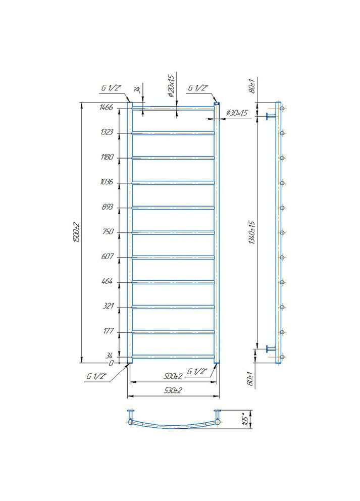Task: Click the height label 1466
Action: [106, 107]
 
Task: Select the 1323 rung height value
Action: [106, 132]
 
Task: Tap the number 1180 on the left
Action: [106, 157]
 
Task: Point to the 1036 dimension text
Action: [106, 182]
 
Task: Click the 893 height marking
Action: [107, 207]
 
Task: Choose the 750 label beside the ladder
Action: [107, 232]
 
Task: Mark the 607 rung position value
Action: [107, 257]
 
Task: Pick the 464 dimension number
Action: [107, 281]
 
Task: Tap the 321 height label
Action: [107, 306]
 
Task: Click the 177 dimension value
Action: [107, 331]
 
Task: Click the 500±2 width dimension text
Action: [173, 376]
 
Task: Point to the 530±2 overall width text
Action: [173, 391]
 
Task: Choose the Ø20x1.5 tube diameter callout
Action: [171, 86]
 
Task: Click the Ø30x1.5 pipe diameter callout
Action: [237, 113]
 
